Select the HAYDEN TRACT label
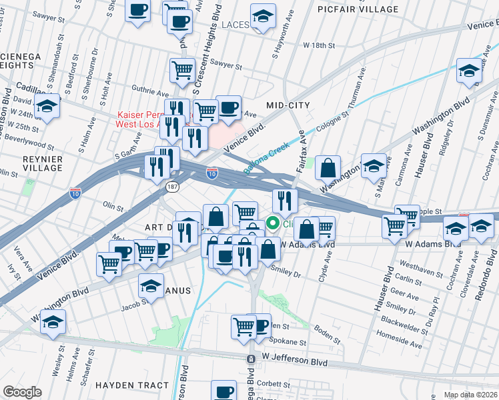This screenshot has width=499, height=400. (x=131, y=385)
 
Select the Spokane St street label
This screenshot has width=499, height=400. (x=288, y=343)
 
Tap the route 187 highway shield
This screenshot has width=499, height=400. (x=172, y=188)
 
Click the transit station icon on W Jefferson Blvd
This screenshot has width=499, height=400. (x=251, y=359)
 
